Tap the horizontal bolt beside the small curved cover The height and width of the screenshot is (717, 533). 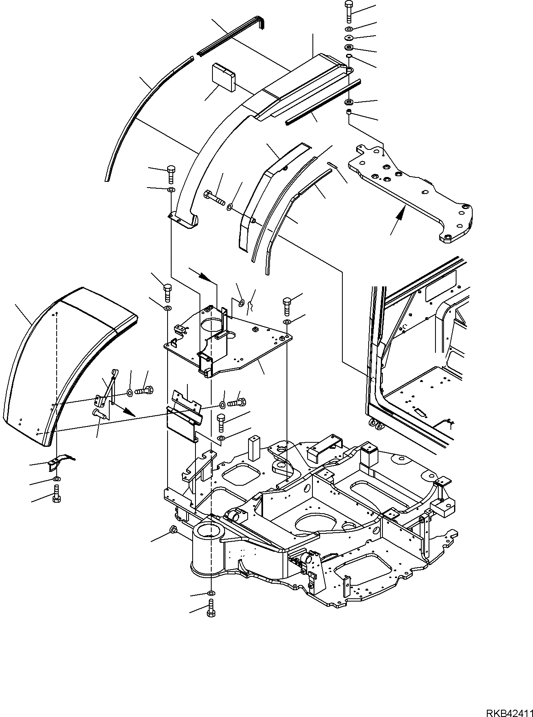tap(214, 198)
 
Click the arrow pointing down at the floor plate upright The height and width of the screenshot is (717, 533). tap(207, 278)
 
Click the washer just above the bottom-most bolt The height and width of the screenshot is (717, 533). tap(211, 594)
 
